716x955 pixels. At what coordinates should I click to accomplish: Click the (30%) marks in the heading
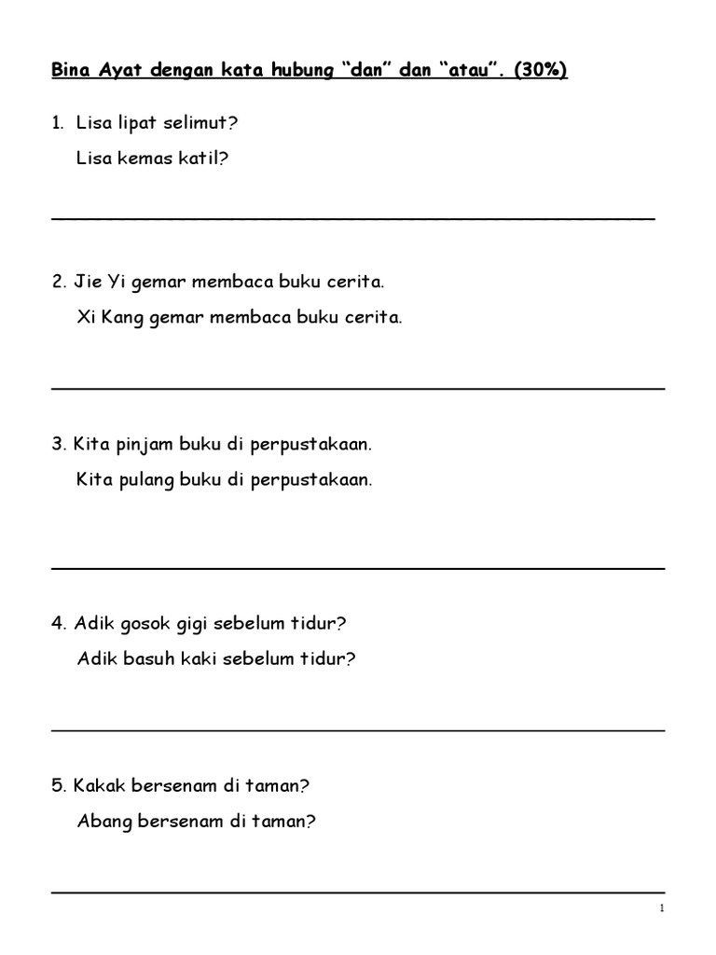[x=540, y=72]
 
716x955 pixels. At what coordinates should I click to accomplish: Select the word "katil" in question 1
[x=206, y=159]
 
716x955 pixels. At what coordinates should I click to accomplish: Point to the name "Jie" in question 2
[x=88, y=282]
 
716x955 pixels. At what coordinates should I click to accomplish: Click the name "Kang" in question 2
[x=123, y=318]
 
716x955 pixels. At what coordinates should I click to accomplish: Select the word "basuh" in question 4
[x=150, y=659]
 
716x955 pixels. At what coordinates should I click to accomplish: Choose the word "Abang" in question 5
[x=103, y=822]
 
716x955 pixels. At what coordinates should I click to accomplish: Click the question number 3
[x=57, y=444]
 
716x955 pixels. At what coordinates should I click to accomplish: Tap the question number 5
[x=57, y=785]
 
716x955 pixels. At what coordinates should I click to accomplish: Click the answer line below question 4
[x=357, y=730]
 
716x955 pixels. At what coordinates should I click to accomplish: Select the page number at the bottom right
[x=660, y=908]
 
